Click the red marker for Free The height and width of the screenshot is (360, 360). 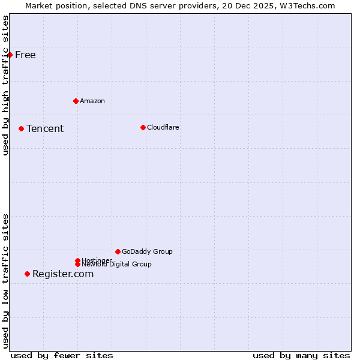pos(10,55)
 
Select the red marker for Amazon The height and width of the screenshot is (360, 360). pos(76,101)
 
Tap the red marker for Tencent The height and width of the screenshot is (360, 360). pos(21,128)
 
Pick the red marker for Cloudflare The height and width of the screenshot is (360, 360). pos(143,127)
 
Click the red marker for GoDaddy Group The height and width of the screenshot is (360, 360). pos(118,251)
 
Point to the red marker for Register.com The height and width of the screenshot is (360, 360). pos(27,274)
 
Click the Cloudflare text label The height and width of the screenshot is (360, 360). pos(163,127)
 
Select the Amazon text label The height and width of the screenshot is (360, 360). pos(92,101)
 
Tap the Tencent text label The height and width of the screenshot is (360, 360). pos(45,128)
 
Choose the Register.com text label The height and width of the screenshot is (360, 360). pos(63,274)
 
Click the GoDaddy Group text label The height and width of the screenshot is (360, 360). pos(147,251)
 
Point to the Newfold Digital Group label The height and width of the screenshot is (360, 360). pos(117,265)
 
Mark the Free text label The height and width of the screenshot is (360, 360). pos(25,55)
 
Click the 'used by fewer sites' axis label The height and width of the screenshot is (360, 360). pos(62,355)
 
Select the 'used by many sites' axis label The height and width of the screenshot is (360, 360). pos(301,355)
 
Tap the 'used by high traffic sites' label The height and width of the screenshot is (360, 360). pos(5,85)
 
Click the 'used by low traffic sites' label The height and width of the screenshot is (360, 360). pos(5,281)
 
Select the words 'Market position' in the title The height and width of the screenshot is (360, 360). pos(53,5)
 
